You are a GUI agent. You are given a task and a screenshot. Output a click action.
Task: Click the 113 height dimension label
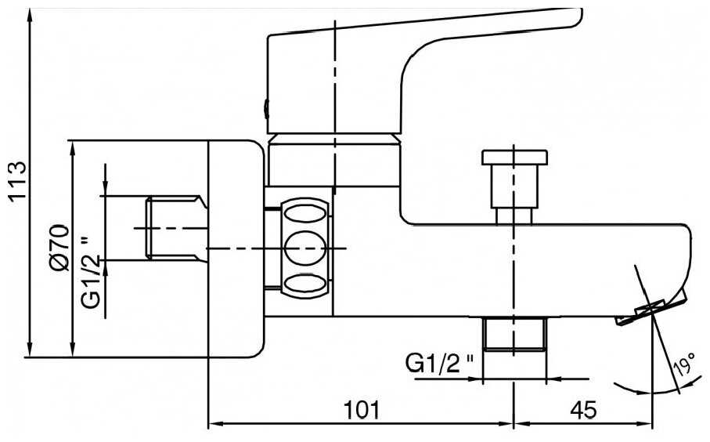tap(16, 181)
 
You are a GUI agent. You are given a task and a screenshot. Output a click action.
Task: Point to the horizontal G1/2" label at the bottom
tap(440, 363)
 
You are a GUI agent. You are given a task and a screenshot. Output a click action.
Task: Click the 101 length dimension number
tap(360, 408)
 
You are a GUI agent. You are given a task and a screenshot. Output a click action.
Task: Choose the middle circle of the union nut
tap(305, 248)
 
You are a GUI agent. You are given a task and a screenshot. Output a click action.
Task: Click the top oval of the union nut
tap(305, 212)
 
